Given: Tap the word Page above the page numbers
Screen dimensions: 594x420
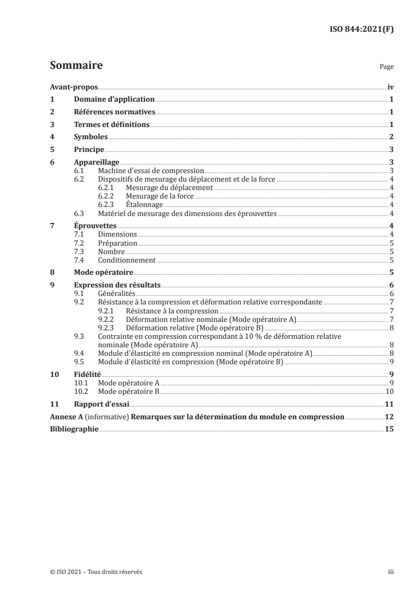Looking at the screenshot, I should (387, 68).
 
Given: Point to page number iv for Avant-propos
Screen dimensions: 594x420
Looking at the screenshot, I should (390, 86).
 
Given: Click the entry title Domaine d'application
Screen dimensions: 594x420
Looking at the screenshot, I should (114, 99).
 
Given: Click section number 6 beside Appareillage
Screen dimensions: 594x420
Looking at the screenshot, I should (52, 162).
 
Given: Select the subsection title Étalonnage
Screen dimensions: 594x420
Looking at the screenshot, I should (145, 205).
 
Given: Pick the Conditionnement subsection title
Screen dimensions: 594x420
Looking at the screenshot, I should (127, 260).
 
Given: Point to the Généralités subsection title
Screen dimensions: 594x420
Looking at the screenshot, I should (117, 294).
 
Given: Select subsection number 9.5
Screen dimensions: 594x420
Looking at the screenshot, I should (79, 362).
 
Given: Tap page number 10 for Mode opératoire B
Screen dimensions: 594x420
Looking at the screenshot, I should (390, 392).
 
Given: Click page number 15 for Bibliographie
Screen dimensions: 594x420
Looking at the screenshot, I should (389, 429).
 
